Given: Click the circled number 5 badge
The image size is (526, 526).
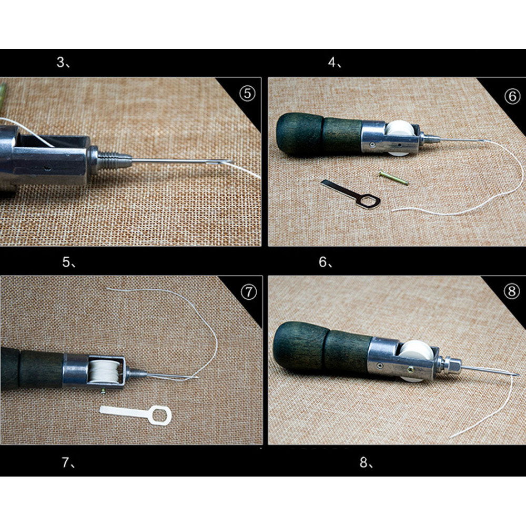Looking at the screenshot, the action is pos(247,94).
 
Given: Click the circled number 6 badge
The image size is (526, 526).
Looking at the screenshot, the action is pos(512,97).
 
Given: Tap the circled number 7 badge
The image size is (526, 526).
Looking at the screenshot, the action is pos(249,292).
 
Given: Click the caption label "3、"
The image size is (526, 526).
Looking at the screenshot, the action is pos(64,62).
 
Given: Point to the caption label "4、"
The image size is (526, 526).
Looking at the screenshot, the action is pos(335,62).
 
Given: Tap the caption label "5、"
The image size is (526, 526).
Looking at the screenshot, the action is pos(69,262).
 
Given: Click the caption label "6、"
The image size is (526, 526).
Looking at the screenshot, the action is pos(326,261).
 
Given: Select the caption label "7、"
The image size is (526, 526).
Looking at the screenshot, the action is pos(69,462).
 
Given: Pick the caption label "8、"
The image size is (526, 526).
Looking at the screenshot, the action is pos(366,462).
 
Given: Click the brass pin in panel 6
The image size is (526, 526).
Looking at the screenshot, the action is pos(393,178).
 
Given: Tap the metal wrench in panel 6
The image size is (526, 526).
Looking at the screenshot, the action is pos(351,194).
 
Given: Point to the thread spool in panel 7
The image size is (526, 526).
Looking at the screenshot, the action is pos(104,372).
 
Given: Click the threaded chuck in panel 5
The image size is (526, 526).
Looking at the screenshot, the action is pos(110,159).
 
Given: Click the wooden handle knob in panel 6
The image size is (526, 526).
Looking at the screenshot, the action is pos(300,134).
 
